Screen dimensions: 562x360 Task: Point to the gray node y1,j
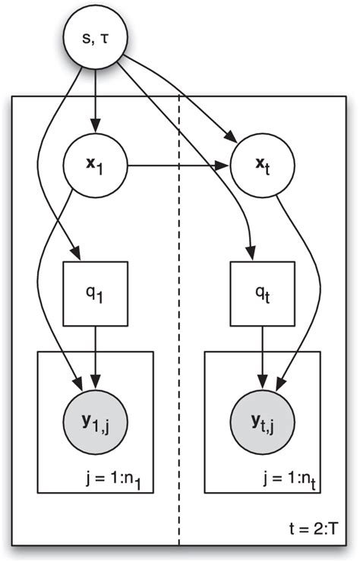[x=95, y=415]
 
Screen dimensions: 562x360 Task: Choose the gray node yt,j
[x=262, y=415]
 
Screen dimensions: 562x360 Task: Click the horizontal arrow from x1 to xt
[x=178, y=165]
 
